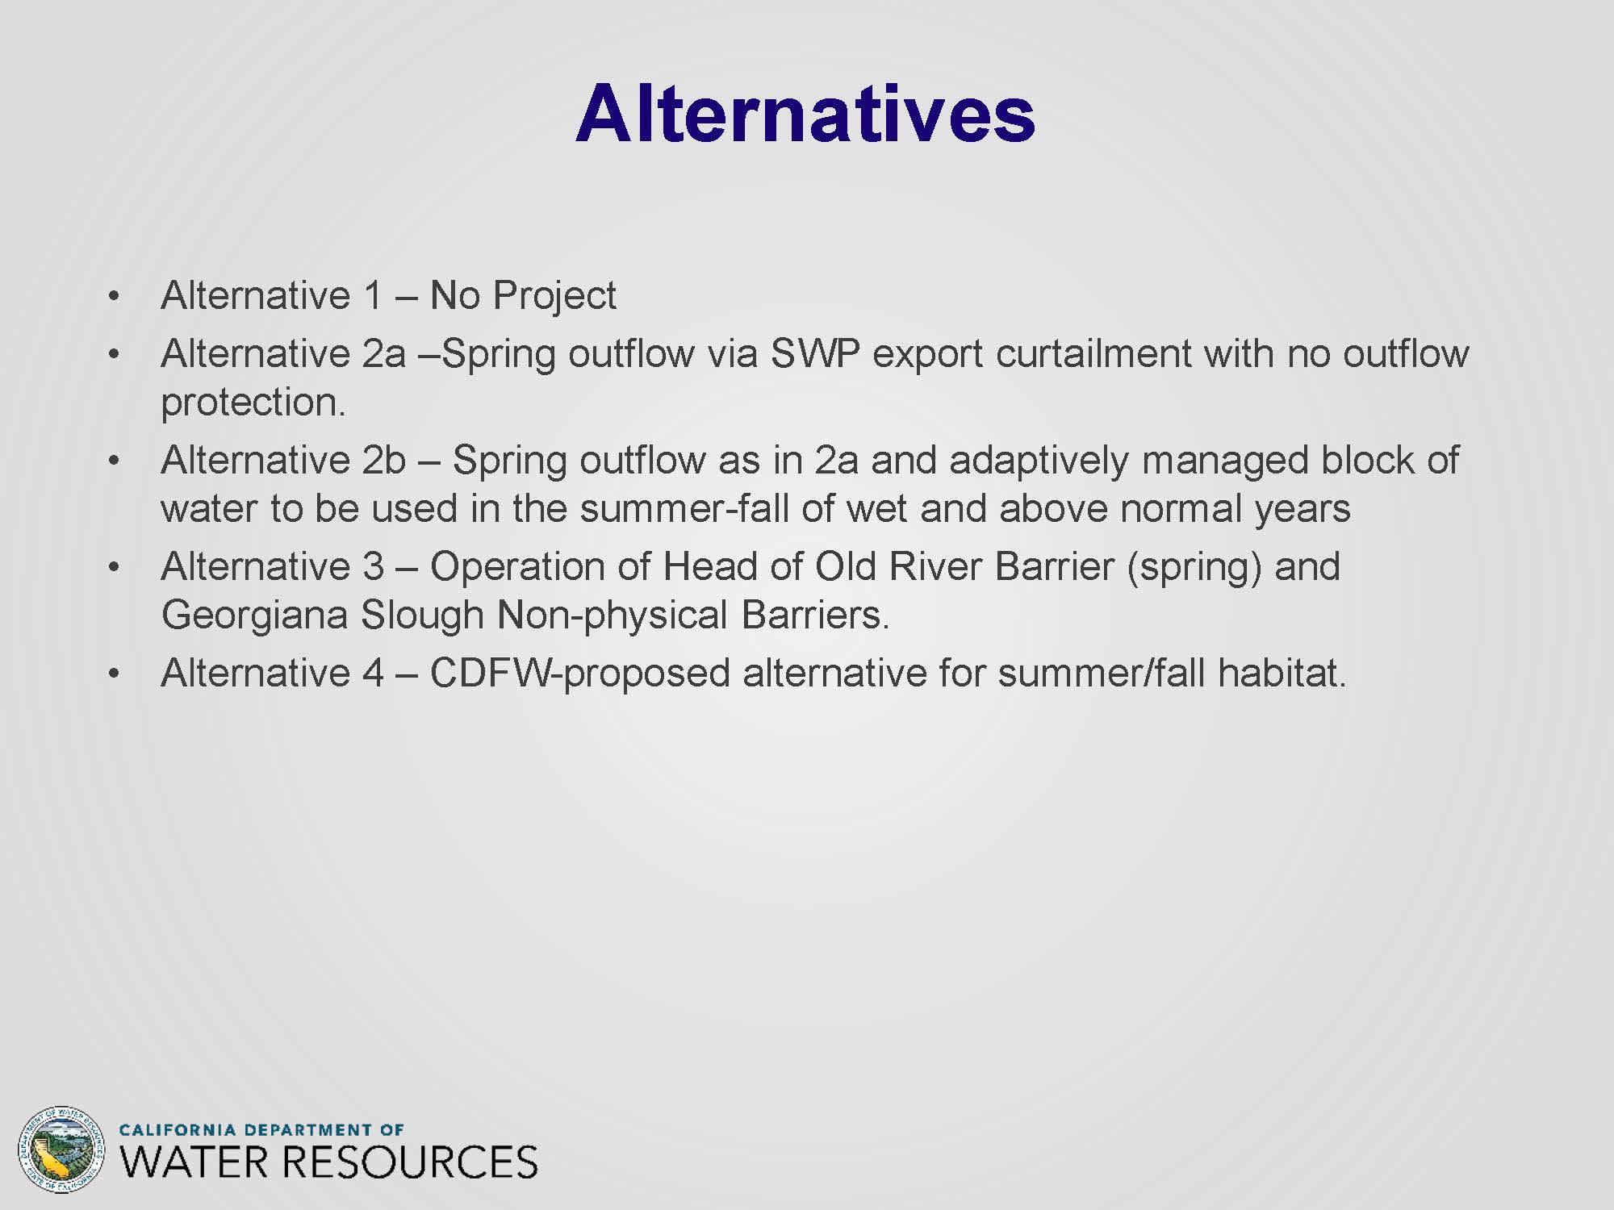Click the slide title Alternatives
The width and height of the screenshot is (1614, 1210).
[x=805, y=114]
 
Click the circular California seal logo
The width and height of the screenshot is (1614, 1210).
[x=61, y=1149]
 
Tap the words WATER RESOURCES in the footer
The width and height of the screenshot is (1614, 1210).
[x=328, y=1162]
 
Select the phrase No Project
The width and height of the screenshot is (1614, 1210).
[x=523, y=295]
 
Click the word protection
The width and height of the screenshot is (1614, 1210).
[x=253, y=402]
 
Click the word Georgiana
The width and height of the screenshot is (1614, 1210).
[x=255, y=615]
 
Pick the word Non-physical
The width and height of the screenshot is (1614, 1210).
[x=613, y=615]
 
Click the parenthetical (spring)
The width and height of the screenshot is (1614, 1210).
[x=1194, y=567]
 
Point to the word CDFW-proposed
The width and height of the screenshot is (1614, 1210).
[x=580, y=674]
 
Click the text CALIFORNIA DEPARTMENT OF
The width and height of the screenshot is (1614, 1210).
[x=261, y=1129]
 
